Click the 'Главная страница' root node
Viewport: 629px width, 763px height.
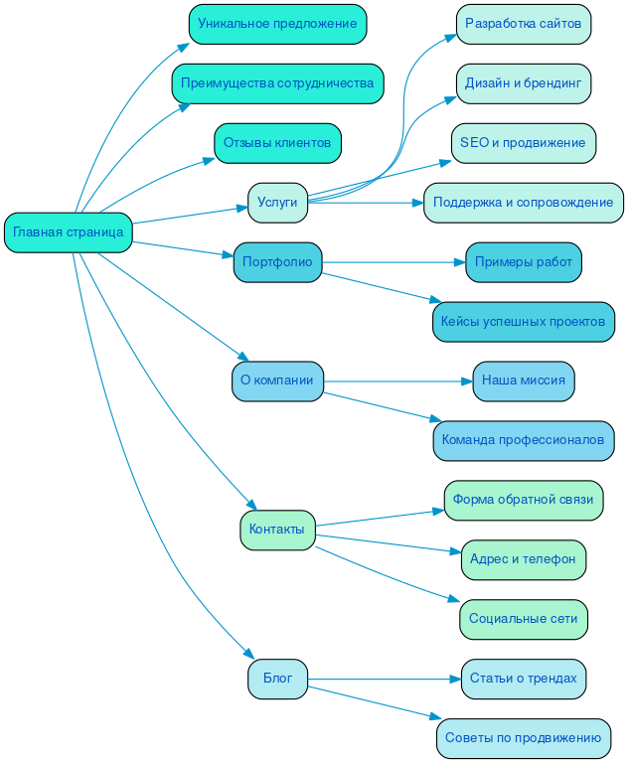(69, 232)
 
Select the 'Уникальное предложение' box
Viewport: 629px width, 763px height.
(277, 24)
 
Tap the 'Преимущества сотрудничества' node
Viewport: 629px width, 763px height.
(277, 83)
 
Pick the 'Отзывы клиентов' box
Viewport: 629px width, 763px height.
(277, 143)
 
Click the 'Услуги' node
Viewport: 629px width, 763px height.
(277, 203)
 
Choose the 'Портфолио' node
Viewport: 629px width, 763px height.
(277, 262)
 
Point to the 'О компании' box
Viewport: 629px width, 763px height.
(277, 381)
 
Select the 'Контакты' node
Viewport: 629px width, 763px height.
(277, 530)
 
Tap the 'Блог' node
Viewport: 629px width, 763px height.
(277, 679)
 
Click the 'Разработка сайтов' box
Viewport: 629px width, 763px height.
(523, 24)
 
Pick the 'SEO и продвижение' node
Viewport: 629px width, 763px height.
(523, 143)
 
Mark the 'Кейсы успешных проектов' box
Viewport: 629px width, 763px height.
(523, 322)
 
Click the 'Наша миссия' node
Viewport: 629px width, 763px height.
(523, 381)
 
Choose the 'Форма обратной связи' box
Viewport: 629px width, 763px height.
(523, 500)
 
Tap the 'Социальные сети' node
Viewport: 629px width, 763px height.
(523, 619)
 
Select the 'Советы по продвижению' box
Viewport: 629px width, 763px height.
(523, 738)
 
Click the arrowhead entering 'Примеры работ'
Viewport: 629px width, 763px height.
(459, 262)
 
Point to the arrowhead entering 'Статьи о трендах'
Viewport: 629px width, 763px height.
(455, 679)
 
